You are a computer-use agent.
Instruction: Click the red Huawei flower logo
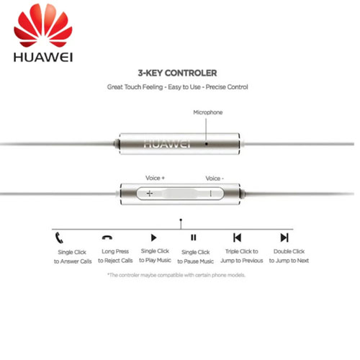pyautogui.click(x=43, y=25)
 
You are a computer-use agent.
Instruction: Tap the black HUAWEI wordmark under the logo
pyautogui.click(x=43, y=58)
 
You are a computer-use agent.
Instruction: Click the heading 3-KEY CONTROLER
pyautogui.click(x=177, y=73)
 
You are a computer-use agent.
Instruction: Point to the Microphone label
pyautogui.click(x=208, y=112)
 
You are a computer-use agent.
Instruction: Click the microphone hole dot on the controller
pyautogui.click(x=206, y=144)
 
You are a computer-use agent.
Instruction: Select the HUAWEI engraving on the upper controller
pyautogui.click(x=167, y=144)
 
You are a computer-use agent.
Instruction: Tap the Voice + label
pyautogui.click(x=155, y=178)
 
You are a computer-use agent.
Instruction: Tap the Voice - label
pyautogui.click(x=215, y=179)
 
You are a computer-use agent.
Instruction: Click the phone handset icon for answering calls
pyautogui.click(x=59, y=238)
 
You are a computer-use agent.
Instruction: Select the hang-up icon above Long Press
pyautogui.click(x=107, y=238)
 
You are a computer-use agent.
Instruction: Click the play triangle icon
pyautogui.click(x=153, y=238)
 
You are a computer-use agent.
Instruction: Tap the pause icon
pyautogui.click(x=194, y=238)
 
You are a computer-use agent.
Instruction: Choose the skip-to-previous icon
pyautogui.click(x=237, y=238)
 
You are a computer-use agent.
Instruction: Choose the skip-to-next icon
pyautogui.click(x=284, y=238)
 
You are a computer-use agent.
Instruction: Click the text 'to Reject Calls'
pyautogui.click(x=115, y=261)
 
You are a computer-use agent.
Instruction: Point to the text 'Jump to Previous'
pyautogui.click(x=242, y=261)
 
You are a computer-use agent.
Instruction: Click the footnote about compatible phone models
pyautogui.click(x=176, y=275)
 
